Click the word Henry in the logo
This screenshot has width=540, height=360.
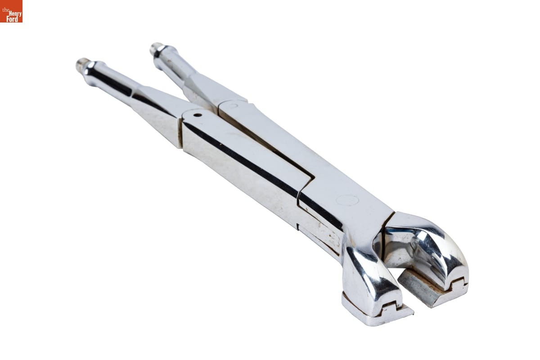[16, 13]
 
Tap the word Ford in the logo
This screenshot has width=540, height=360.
[12, 19]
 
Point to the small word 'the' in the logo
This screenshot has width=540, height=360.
[6, 10]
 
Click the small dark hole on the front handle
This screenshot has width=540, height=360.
[198, 115]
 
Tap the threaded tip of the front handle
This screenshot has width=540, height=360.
[81, 63]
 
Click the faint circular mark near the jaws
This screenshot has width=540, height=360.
[347, 200]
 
